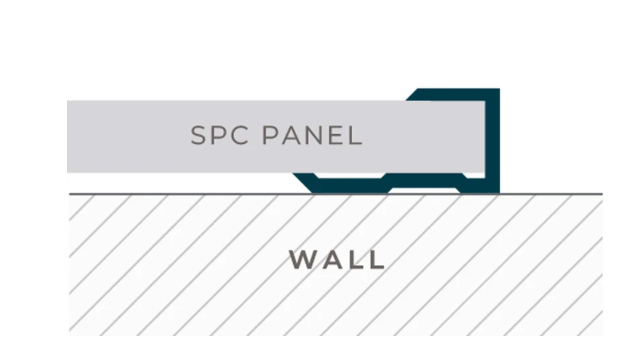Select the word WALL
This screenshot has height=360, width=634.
click(337, 259)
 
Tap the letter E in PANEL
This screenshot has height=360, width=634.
click(337, 135)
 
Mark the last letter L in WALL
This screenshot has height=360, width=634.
click(376, 259)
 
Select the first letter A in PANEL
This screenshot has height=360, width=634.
click(293, 135)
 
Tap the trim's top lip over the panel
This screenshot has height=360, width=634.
click(453, 94)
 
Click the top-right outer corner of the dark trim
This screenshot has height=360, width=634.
click(499, 89)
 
